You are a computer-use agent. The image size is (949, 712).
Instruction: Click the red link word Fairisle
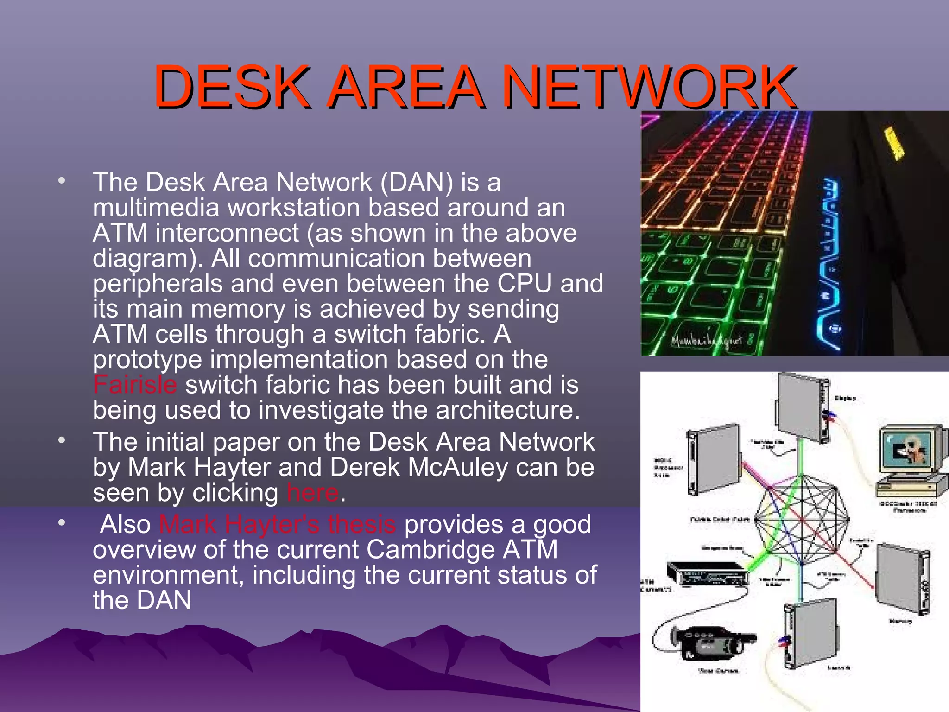click(x=135, y=385)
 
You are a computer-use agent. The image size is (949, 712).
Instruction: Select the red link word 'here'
click(x=313, y=492)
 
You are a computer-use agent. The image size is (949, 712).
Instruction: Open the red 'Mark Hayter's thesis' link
click(x=277, y=525)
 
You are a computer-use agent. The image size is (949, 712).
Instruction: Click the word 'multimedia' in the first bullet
click(x=156, y=208)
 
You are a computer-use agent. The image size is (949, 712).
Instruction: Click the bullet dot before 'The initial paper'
click(x=62, y=440)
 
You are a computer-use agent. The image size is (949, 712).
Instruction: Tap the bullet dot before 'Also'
click(x=62, y=523)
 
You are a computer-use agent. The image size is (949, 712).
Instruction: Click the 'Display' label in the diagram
click(x=845, y=398)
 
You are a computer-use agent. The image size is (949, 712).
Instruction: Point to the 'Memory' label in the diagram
click(x=900, y=622)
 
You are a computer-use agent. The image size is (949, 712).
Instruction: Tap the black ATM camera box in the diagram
click(x=707, y=574)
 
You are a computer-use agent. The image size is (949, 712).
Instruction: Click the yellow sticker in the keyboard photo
click(x=894, y=143)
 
